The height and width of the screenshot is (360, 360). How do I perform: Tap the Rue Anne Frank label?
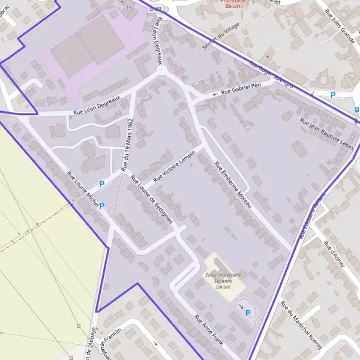point(209,330)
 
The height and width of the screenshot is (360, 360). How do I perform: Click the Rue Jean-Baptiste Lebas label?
point(327,133)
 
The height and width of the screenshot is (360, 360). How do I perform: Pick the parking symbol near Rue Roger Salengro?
point(333,95)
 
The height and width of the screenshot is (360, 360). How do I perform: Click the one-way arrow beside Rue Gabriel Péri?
point(215,95)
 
